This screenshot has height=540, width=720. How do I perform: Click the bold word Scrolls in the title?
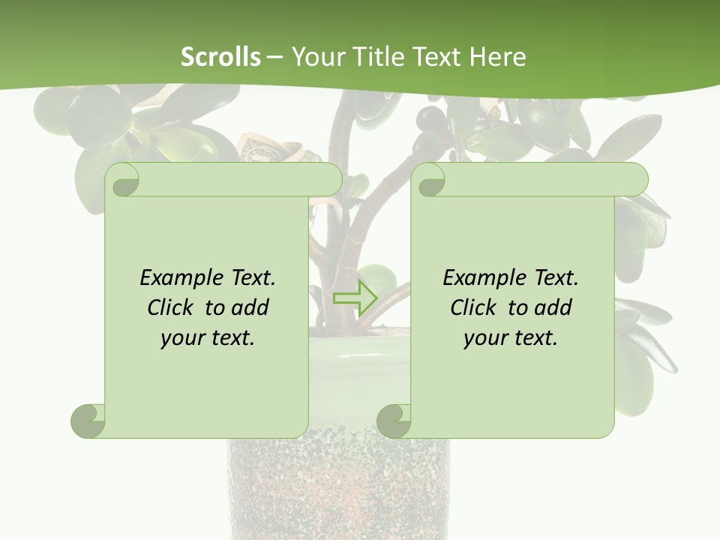tap(220, 56)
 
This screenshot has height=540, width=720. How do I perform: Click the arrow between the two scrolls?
tap(354, 298)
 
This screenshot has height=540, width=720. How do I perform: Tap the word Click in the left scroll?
tap(169, 307)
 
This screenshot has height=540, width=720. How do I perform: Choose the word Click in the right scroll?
tap(472, 307)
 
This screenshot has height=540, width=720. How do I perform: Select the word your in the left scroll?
tap(181, 338)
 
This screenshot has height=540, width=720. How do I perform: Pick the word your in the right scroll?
tap(484, 338)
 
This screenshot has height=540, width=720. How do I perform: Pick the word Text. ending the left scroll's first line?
tap(251, 278)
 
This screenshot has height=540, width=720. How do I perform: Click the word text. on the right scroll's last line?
tap(534, 338)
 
